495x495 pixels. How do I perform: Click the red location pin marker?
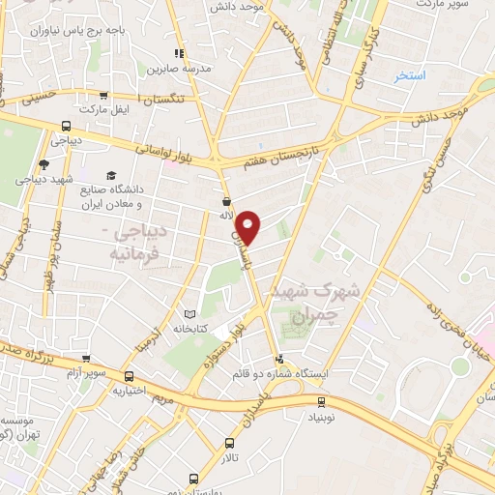[249, 227]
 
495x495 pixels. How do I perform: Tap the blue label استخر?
[409, 75]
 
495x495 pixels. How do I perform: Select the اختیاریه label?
[130, 391]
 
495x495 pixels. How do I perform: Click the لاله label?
[227, 216]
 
